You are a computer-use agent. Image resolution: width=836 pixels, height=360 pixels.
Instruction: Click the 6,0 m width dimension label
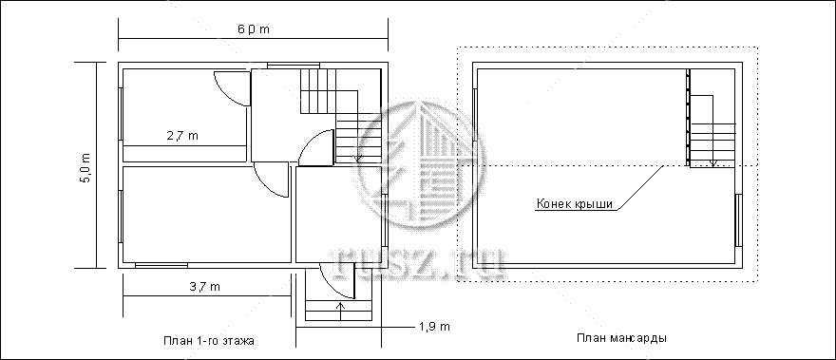(x=254, y=29)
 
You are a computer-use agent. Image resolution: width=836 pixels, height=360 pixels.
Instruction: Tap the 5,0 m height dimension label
(x=85, y=167)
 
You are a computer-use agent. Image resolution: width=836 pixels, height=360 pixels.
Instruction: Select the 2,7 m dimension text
(x=182, y=136)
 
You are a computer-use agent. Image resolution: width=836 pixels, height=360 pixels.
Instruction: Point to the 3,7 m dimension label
(x=205, y=287)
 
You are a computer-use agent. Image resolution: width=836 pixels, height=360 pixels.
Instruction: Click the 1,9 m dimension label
(x=434, y=327)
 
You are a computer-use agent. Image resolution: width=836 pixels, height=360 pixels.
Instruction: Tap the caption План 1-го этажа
(x=208, y=341)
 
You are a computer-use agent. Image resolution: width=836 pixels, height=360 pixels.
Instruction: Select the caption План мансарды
(x=621, y=338)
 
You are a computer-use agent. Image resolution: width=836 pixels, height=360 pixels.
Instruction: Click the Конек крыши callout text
(x=575, y=204)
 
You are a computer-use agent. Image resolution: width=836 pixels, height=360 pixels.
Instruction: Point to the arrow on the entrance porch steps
(x=341, y=311)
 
